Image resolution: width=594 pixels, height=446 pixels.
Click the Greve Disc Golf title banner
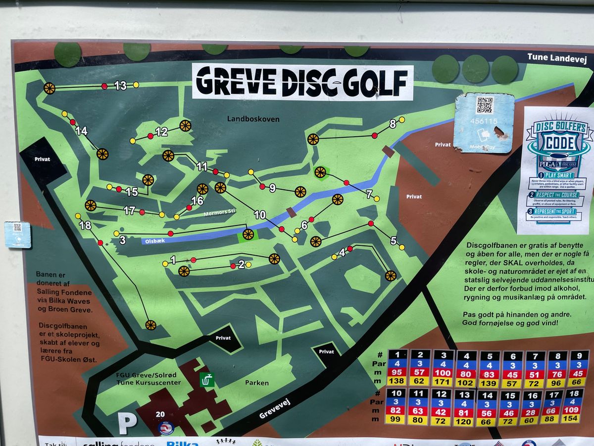302,82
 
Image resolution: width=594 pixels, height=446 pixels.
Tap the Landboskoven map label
253,119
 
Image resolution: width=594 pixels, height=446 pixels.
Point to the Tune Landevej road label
551,57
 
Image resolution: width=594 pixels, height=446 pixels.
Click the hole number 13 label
120,85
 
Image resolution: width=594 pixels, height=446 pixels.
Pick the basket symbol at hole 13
49,88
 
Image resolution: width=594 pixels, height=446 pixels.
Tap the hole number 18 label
85,225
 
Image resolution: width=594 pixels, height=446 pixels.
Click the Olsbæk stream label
154,240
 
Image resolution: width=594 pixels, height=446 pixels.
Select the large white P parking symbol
127,424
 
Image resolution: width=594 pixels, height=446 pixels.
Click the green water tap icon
207,380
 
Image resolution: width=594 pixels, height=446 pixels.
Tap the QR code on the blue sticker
485,105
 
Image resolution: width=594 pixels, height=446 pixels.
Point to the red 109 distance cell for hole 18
572,411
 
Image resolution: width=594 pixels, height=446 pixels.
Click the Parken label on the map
257,383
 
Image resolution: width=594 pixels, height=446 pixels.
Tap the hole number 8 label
393,124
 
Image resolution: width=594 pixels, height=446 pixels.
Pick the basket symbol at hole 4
391,276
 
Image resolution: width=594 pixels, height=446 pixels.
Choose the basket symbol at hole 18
150,325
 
